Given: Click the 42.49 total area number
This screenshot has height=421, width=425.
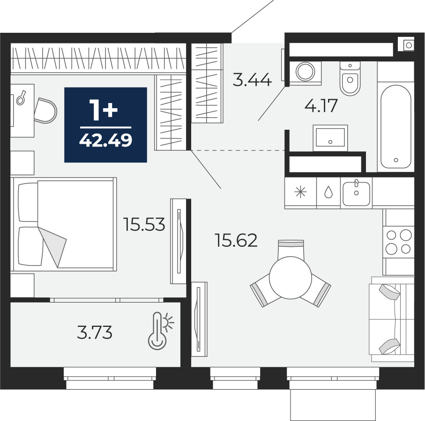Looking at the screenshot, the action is pyautogui.click(x=105, y=140).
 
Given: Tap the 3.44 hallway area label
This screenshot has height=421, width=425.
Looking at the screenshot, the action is pyautogui.click(x=252, y=80).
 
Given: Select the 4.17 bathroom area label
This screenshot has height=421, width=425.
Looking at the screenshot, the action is pyautogui.click(x=321, y=105).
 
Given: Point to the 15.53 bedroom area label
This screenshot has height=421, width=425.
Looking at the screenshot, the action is pyautogui.click(x=144, y=224).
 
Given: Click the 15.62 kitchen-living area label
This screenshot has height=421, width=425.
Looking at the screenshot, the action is pyautogui.click(x=236, y=240).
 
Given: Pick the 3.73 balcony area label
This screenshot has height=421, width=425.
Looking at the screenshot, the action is pyautogui.click(x=95, y=332).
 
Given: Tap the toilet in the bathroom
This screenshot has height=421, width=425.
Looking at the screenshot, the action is pyautogui.click(x=350, y=78).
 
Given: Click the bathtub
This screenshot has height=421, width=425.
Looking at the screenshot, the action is pyautogui.click(x=396, y=127).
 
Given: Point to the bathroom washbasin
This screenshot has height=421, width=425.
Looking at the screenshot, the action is pyautogui.click(x=330, y=138).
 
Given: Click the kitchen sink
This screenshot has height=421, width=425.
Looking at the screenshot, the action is pyautogui.click(x=357, y=193).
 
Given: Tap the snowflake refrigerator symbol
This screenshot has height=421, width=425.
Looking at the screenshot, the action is pyautogui.click(x=300, y=192).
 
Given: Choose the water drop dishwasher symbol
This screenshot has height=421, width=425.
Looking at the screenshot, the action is pyautogui.click(x=328, y=192).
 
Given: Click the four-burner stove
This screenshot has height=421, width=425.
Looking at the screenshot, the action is pyautogui.click(x=398, y=242).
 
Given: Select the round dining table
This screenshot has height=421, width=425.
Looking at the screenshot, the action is pyautogui.click(x=291, y=277).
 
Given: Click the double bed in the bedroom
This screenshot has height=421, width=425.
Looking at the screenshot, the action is pyautogui.click(x=64, y=224).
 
